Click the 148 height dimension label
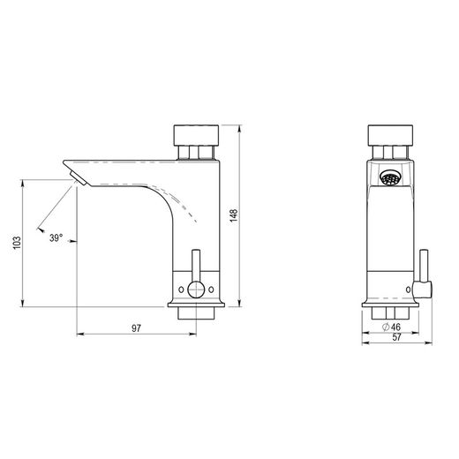[x=233, y=215]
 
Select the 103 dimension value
[x=17, y=243]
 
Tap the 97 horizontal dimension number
[x=136, y=328]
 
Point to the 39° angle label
[x=56, y=237]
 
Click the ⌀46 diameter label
[x=391, y=327]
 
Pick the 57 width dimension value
[x=396, y=337]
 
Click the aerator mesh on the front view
[x=390, y=178]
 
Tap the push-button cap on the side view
[x=196, y=135]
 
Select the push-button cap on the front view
[x=390, y=135]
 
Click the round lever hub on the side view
[x=196, y=289]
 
